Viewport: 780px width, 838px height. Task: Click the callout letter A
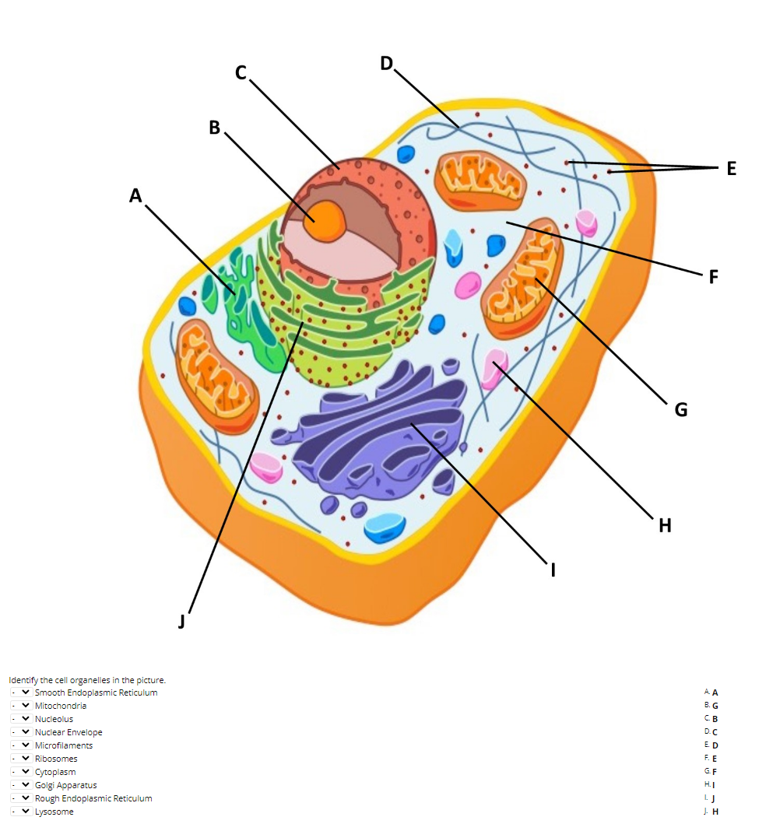[x=136, y=195]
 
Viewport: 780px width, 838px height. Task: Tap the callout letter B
[x=215, y=127]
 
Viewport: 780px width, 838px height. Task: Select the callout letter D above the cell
[x=387, y=63]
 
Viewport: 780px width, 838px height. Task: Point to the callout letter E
[x=731, y=168]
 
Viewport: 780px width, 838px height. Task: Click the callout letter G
[x=681, y=409]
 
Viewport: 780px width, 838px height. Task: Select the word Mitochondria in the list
[x=61, y=706]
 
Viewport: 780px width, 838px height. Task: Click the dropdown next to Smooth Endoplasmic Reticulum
[x=22, y=692]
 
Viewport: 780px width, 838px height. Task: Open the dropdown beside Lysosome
[x=22, y=812]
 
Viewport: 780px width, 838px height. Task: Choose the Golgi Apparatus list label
[x=66, y=785]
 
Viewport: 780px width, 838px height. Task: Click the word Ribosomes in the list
[x=56, y=759]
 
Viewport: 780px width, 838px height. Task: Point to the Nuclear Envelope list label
[x=69, y=732]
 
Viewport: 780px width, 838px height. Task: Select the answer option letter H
[x=715, y=811]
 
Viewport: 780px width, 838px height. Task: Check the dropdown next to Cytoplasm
[x=22, y=772]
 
